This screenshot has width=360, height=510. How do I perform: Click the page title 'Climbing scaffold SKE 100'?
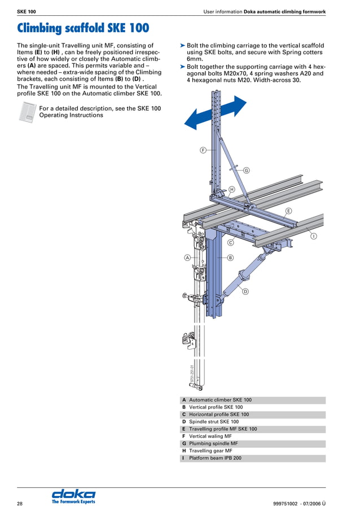(x=83, y=28)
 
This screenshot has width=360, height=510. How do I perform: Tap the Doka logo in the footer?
(x=73, y=495)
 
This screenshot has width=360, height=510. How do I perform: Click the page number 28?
(x=20, y=503)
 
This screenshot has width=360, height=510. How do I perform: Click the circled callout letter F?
(x=203, y=150)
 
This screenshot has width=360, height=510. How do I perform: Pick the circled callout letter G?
(x=246, y=170)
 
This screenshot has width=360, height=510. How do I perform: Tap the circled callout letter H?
(x=231, y=189)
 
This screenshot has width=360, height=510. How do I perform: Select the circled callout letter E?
(x=288, y=211)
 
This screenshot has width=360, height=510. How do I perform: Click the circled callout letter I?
(x=313, y=236)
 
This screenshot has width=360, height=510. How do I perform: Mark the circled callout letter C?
(x=230, y=242)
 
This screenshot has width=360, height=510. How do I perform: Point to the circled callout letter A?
(x=187, y=258)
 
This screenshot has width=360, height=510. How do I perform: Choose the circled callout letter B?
(x=230, y=258)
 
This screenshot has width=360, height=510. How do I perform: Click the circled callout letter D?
(x=245, y=291)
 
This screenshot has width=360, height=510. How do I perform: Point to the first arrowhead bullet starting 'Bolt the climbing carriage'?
(x=182, y=45)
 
